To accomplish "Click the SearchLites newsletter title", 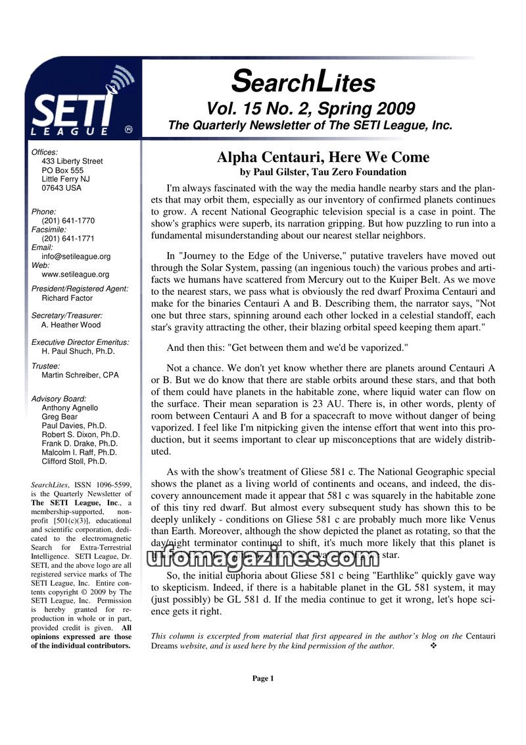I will pos(303,82).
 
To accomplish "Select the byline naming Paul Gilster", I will pos(323,172).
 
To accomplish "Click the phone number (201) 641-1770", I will pos(68,221).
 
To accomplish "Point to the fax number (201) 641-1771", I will pos(68,239).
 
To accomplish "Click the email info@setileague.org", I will pos(76,257).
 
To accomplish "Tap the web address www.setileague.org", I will pos(75,274).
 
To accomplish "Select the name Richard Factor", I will pos(68,298).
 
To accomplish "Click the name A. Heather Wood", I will pos(71,325).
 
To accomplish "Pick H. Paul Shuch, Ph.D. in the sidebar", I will pos(78,351).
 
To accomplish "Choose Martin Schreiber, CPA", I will pos(80,375).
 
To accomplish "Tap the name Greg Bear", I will pos(59,417).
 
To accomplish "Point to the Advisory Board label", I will pos(59,399).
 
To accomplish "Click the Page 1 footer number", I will pos(263,679).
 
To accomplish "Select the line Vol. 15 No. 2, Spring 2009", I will pos(310,109).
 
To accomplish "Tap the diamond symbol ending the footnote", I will pos(433,646).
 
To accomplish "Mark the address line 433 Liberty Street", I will pos(72,161).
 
